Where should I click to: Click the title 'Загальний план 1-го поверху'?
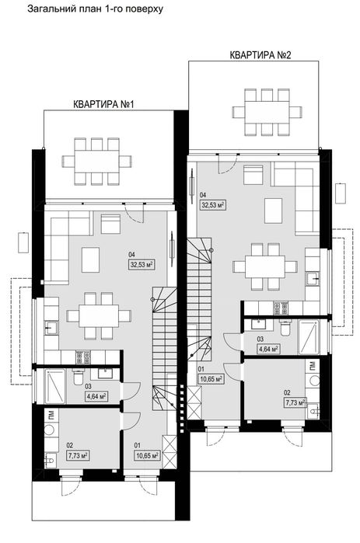pyautogui.click(x=95, y=9)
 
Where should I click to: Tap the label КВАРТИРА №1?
pyautogui.click(x=103, y=104)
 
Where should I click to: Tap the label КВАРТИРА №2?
pyautogui.click(x=260, y=55)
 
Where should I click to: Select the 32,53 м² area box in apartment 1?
pyautogui.click(x=142, y=265)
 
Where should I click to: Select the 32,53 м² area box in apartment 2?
pyautogui.click(x=213, y=205)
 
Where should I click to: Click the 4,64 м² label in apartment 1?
pyautogui.click(x=96, y=396)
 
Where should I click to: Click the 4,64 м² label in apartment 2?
pyautogui.click(x=267, y=349)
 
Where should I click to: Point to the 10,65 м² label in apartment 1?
pyautogui.click(x=147, y=456)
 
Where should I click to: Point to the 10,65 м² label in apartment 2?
pyautogui.click(x=210, y=379)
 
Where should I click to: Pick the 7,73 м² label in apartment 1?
pyautogui.click(x=78, y=456)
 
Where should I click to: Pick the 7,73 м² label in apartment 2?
pyautogui.click(x=295, y=402)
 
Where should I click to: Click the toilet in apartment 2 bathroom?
pyautogui.click(x=285, y=328)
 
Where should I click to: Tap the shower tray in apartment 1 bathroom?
pyautogui.click(x=55, y=386)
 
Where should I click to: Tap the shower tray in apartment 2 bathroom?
pyautogui.click(x=309, y=337)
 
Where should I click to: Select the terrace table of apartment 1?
pyautogui.click(x=96, y=161)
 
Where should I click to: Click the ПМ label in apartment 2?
pyautogui.click(x=313, y=364)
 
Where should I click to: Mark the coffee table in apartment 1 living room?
pyautogui.click(x=90, y=259)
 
